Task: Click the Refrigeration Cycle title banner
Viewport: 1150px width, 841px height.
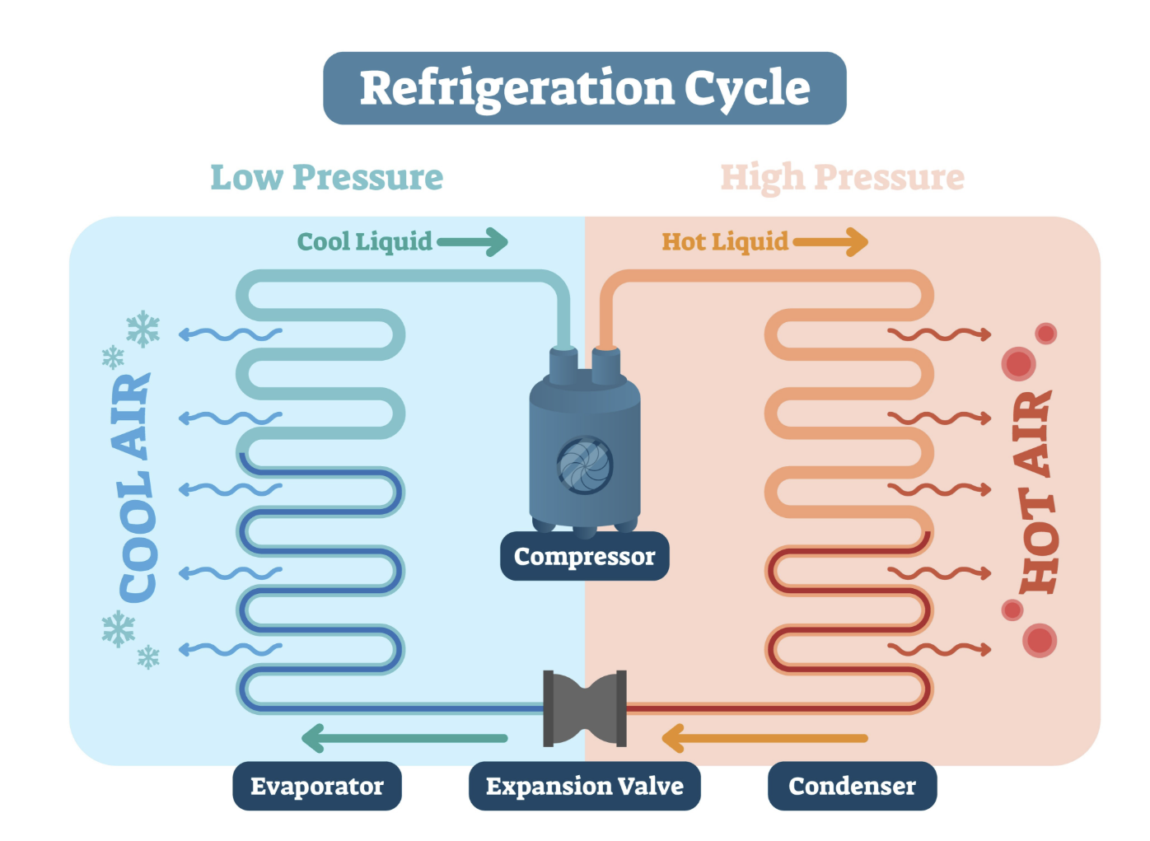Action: [584, 88]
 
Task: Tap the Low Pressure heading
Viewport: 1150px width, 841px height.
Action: [326, 178]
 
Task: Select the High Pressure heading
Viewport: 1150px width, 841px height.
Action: [843, 179]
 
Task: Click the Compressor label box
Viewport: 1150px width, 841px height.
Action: [584, 557]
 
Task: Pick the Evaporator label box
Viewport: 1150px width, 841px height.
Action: [317, 786]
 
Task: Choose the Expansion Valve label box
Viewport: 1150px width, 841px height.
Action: [584, 786]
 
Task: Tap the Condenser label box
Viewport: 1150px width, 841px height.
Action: [853, 786]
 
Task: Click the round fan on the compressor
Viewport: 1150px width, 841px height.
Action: [585, 465]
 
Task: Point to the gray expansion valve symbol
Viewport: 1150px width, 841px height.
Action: [585, 708]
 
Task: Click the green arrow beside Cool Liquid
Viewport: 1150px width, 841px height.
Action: [472, 242]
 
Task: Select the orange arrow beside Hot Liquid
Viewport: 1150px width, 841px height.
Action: [830, 242]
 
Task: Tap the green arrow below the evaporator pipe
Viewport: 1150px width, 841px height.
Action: [404, 738]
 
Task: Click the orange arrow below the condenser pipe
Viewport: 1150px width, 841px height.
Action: [765, 738]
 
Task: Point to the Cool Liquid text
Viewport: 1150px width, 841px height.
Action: [364, 242]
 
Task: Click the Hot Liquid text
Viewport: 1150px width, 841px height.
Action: [725, 242]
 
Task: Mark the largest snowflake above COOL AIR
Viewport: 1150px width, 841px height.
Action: [143, 329]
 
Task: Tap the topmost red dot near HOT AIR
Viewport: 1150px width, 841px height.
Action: [1045, 334]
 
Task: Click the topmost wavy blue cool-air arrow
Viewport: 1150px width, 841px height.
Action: [230, 334]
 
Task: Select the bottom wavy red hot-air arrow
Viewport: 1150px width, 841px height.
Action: [939, 650]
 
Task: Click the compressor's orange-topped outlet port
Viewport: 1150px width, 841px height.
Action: [605, 366]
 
